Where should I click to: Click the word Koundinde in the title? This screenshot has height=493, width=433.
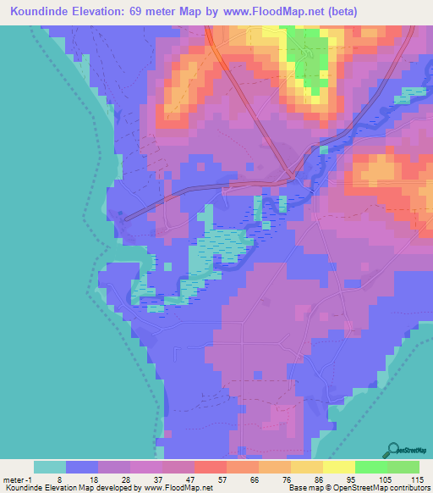(x=39, y=12)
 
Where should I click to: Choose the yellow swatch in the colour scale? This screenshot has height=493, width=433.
(x=339, y=467)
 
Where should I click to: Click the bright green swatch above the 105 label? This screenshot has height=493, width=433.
(x=371, y=467)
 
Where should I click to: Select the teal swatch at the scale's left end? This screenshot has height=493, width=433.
(x=50, y=467)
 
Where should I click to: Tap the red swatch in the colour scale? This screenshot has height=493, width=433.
(x=211, y=467)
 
